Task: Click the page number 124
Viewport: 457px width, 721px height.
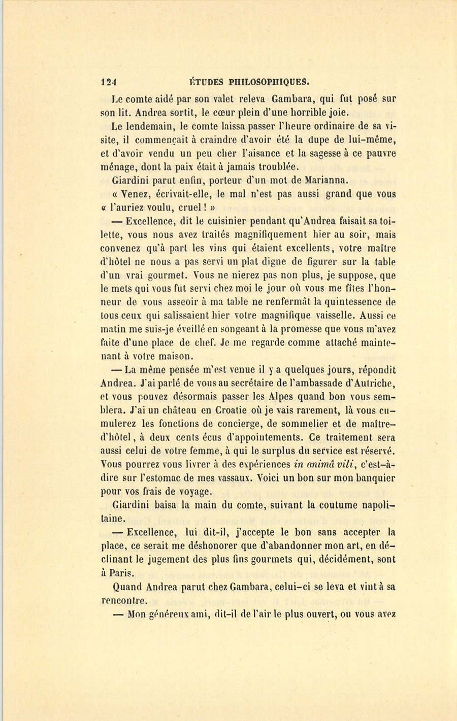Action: [109, 82]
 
